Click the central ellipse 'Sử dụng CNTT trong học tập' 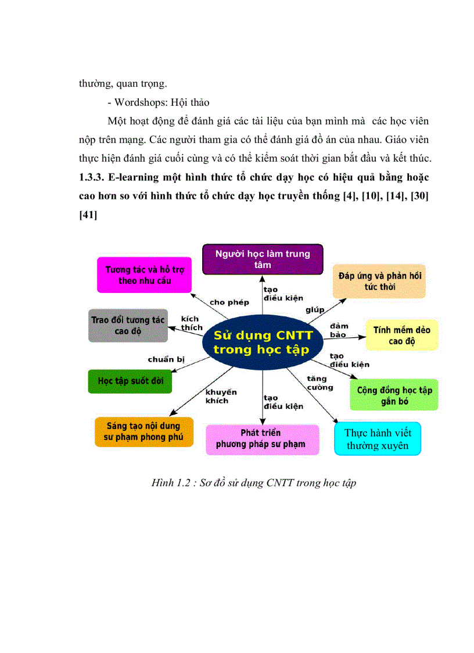point(263,343)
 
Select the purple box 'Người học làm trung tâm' point(263,259)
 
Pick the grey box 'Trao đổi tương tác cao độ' point(128,326)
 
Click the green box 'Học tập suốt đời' point(131,381)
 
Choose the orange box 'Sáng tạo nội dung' point(143,431)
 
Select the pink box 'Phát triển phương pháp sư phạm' point(263,439)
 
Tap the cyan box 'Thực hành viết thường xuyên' point(378,439)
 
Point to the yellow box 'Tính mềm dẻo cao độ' point(402,335)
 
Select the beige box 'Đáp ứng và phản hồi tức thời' point(380,281)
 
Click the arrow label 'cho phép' point(229,302)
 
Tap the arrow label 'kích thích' point(191,323)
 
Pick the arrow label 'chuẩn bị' point(166,359)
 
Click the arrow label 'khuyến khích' point(221,396)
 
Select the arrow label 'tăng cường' point(320,383)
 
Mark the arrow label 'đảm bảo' point(339,330)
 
